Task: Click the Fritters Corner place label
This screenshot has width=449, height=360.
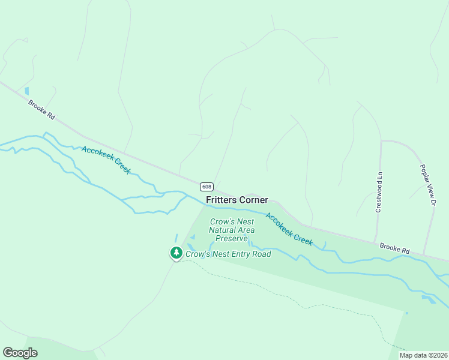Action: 237,200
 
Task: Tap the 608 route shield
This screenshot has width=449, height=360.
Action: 206,187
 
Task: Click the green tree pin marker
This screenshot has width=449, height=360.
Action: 176,253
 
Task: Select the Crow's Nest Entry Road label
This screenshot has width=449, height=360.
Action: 228,254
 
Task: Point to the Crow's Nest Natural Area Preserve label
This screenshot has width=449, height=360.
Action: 232,230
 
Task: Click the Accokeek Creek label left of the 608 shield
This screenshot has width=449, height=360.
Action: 106,160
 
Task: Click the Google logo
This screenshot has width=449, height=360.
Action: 20,353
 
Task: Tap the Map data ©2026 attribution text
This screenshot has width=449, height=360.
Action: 423,355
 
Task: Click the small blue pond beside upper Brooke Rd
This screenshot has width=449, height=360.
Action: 26,91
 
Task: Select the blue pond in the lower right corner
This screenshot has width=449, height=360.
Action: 429,298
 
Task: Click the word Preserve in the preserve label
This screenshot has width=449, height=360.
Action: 232,238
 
